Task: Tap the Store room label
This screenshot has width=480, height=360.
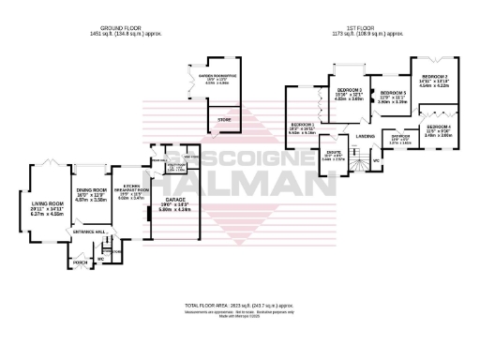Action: pos(223,120)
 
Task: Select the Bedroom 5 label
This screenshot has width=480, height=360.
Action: pos(392,94)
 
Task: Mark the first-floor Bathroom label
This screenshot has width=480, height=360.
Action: pos(399,136)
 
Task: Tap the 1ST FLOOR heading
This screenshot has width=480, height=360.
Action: pos(360,28)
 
